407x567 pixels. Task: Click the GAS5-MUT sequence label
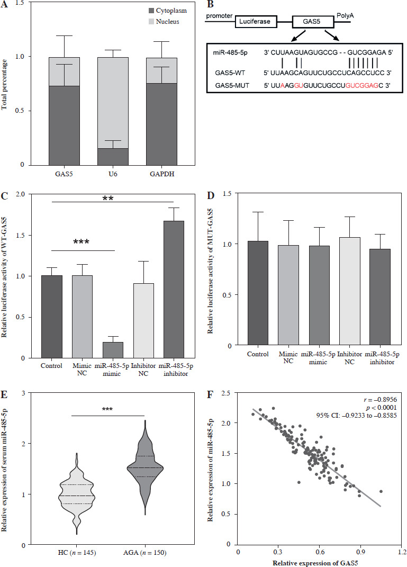tap(229, 84)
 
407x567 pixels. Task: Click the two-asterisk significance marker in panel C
tap(113, 199)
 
